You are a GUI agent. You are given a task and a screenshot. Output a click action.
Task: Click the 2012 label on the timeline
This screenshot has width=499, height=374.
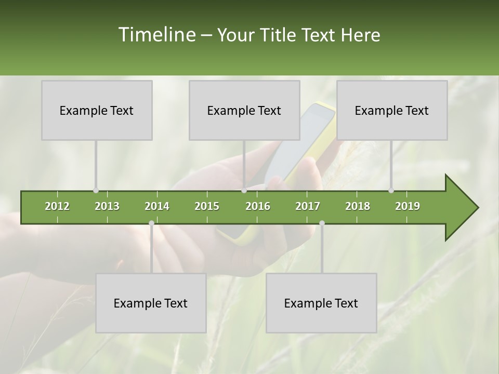pos(57,206)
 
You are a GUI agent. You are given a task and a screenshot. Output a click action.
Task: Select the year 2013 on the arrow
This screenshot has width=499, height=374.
pos(107,206)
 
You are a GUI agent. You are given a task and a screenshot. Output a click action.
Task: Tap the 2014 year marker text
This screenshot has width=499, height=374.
pos(157,206)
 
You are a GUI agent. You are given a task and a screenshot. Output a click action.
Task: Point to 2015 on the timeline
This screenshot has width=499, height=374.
pos(207,206)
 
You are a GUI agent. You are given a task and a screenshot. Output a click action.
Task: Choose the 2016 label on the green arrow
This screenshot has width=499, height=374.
pos(258,206)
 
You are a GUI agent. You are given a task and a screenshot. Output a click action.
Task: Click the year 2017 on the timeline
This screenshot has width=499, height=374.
pos(308,206)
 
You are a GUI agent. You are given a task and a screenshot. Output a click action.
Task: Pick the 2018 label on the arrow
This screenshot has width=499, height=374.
pos(358,206)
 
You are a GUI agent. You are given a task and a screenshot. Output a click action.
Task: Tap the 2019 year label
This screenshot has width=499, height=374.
pos(408,206)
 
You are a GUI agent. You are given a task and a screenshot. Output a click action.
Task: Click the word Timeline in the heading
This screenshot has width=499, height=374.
pos(156,35)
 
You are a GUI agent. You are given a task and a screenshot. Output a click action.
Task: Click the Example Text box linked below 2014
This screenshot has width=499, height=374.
pos(151,303)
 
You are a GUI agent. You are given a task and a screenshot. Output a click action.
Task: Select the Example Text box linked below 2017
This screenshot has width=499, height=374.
pos(321,303)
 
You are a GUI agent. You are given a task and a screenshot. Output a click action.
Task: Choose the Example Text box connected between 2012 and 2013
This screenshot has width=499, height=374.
pos(97,110)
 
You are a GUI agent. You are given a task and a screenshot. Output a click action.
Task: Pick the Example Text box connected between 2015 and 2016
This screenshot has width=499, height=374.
pos(244,110)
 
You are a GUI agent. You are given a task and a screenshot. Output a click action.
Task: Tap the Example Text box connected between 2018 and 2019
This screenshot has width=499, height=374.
pos(392,110)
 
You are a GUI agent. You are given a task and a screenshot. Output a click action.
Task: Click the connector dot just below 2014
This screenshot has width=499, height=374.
pos(151,223)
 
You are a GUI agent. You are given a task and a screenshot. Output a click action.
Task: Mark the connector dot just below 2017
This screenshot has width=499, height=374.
pos(322,223)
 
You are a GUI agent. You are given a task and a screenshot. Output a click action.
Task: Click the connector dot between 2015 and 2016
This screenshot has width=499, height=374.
pos(244,191)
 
